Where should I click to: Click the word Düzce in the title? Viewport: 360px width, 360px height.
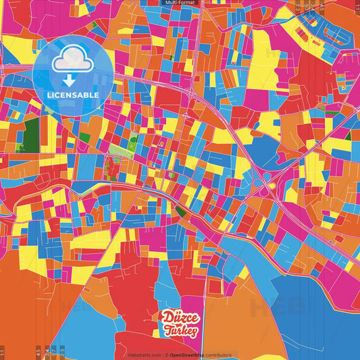tap(179, 318)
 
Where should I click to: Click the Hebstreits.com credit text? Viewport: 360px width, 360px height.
tap(145, 355)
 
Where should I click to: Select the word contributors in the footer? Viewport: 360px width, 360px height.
tap(217, 355)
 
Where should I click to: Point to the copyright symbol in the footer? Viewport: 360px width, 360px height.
tap(166, 355)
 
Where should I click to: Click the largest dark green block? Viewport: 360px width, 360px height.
tap(31, 131)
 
